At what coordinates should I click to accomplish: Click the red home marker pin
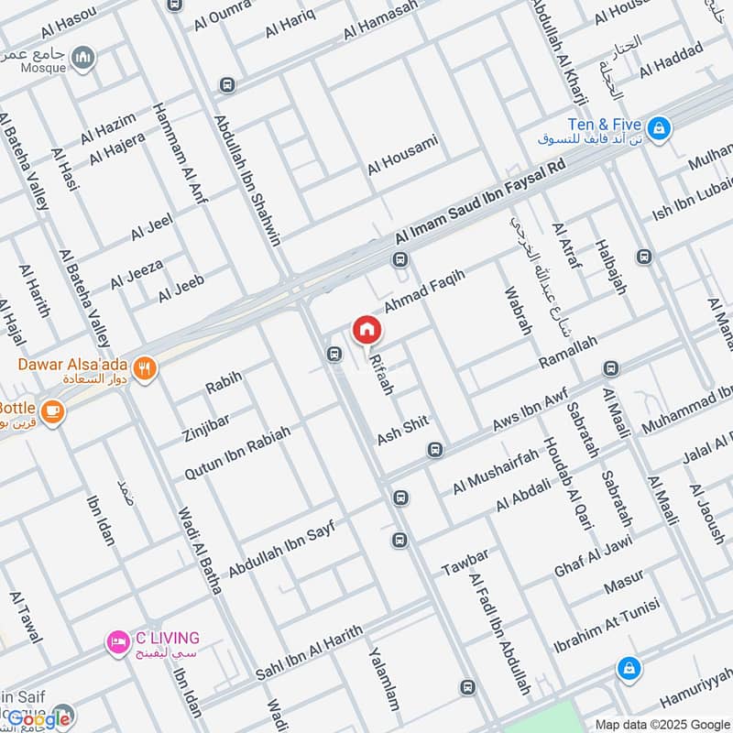pos(366,329)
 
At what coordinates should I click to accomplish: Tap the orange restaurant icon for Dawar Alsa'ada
pos(145,370)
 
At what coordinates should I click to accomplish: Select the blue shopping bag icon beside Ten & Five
pos(658,127)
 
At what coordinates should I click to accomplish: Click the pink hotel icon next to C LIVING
pos(116,640)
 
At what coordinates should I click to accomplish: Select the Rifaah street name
pos(381,375)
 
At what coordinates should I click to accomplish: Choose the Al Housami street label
pos(403,155)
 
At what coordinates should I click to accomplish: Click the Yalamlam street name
pos(384,679)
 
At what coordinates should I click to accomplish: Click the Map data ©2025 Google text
pos(664,723)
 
